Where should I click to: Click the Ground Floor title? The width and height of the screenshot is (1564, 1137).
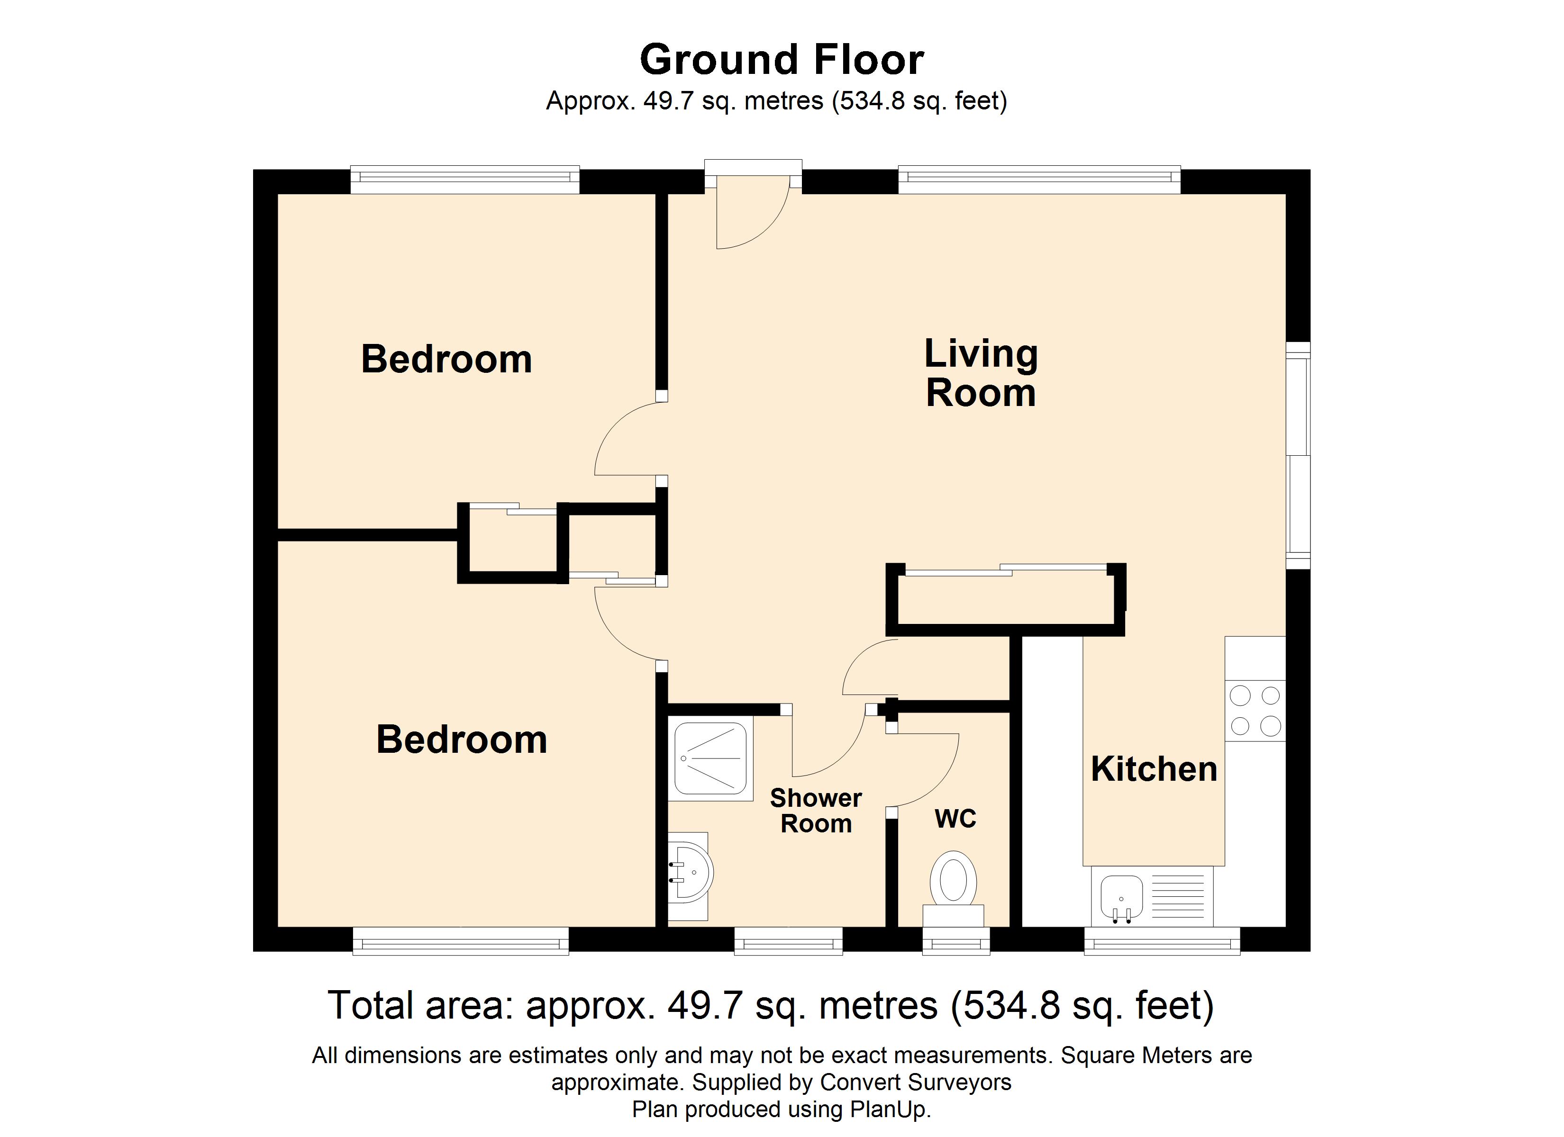click(x=782, y=60)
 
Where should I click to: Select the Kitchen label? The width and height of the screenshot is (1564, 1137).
click(x=1154, y=769)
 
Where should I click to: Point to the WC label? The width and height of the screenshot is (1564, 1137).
click(x=955, y=819)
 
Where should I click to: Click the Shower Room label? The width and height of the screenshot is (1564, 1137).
click(x=816, y=811)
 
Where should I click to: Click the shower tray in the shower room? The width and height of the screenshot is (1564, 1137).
click(x=710, y=758)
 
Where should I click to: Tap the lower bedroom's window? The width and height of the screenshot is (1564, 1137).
click(x=460, y=940)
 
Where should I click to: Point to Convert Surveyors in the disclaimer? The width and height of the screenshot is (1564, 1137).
click(x=915, y=1083)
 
